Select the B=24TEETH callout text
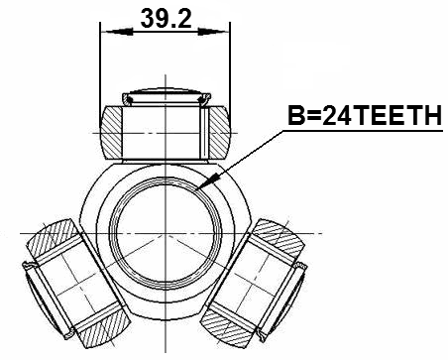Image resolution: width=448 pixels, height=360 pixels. click(x=363, y=118)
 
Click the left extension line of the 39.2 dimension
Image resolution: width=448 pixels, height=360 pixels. click(x=101, y=69)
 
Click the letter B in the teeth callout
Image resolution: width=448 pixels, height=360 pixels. click(x=295, y=118)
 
